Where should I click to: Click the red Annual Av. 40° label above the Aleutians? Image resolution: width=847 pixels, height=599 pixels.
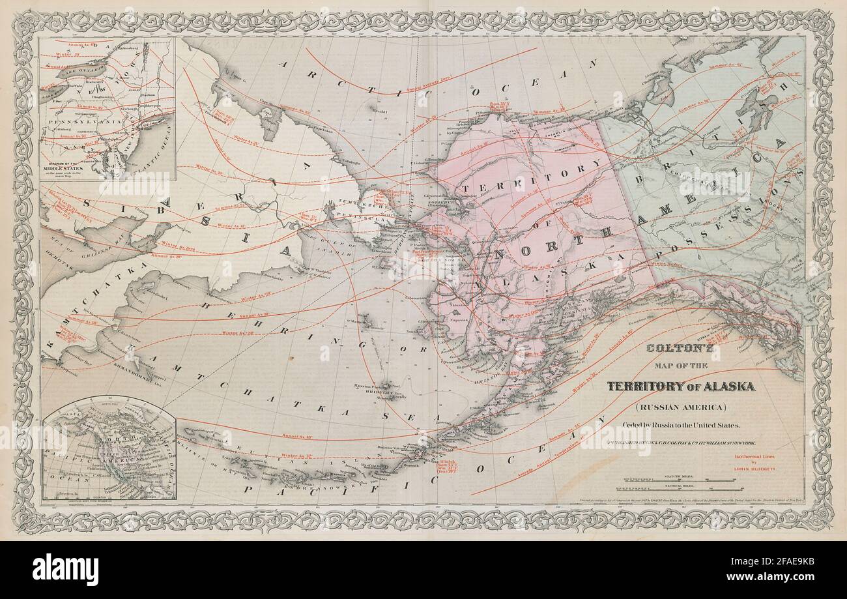point(296,435)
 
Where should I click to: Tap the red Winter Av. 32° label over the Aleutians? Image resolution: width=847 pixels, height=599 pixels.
point(298,456)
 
